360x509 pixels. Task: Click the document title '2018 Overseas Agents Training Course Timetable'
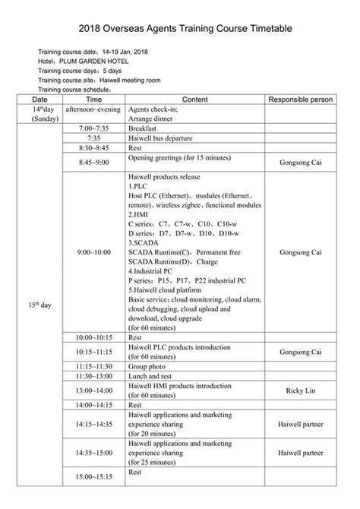click(180, 28)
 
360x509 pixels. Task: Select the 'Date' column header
click(39, 100)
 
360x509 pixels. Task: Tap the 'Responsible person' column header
click(300, 100)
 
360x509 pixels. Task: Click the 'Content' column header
click(195, 100)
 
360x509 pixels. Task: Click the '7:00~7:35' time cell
click(93, 129)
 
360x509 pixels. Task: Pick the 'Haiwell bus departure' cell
click(161, 138)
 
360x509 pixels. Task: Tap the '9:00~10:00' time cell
click(93, 251)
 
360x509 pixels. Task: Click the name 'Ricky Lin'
click(300, 390)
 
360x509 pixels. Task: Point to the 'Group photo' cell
click(148, 365)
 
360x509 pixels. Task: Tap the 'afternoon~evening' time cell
click(93, 109)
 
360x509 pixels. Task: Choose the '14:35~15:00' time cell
click(93, 453)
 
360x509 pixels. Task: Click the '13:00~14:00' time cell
click(93, 390)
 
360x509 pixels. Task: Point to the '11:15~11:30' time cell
click(93, 365)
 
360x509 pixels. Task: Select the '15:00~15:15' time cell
click(93, 476)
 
